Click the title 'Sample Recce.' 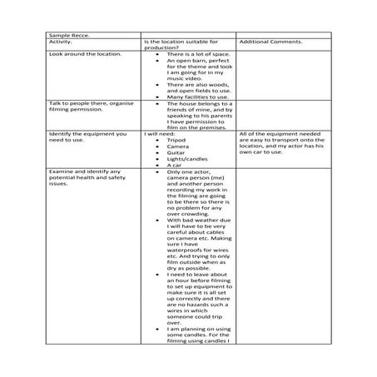point(67,36)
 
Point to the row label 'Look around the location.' point(85,54)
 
